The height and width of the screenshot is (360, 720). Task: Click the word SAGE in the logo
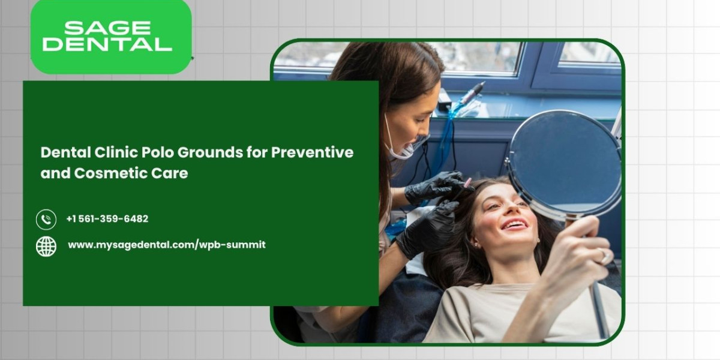[x=107, y=28]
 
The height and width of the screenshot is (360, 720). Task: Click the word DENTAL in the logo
[x=107, y=44]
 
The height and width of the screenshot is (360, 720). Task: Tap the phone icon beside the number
[x=46, y=219]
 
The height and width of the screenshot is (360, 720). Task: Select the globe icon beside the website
[x=46, y=246]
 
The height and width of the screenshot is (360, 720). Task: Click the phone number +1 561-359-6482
[x=107, y=219]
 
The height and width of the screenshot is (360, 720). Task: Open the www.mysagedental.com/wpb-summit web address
[x=166, y=245]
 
